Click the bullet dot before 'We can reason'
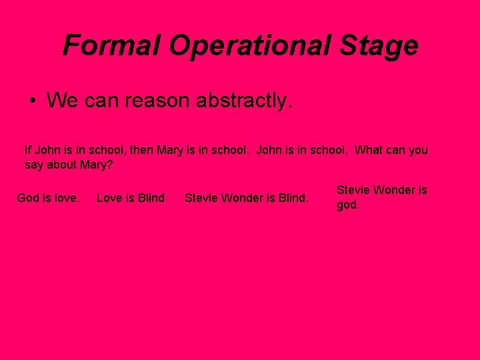(32, 101)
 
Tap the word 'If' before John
(27, 150)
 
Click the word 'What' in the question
(369, 150)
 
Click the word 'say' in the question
(33, 165)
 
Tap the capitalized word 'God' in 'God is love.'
(28, 198)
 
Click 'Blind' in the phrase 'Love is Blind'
(151, 198)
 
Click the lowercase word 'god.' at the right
(349, 205)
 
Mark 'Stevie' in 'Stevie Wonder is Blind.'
(200, 198)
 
